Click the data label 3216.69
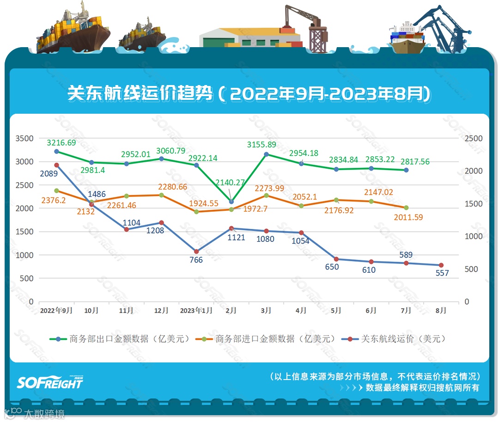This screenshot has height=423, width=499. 61,143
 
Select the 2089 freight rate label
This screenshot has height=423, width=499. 51,174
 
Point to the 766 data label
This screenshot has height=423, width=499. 196,260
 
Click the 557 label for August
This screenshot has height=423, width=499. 442,273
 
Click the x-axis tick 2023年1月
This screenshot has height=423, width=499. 196,311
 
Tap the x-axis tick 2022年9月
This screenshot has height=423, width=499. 56,311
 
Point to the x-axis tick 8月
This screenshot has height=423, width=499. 441,311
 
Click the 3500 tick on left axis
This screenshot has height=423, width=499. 24,138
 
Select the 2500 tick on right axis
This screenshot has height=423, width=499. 473,138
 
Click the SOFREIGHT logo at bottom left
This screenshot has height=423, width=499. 50,382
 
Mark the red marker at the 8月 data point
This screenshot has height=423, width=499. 441,265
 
